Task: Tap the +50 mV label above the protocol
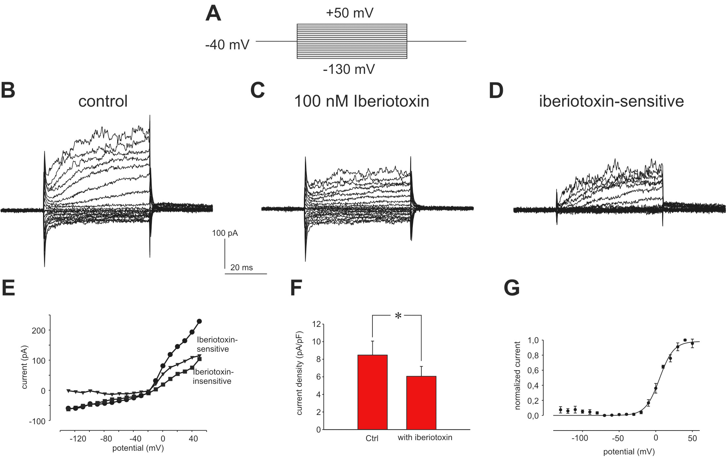point(350,13)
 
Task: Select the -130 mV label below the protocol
point(349,70)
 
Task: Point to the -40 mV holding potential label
point(227,44)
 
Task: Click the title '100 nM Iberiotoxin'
point(362,101)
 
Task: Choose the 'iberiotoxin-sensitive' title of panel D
point(611,101)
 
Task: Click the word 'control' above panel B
point(103,101)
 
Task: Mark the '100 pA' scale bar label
point(225,233)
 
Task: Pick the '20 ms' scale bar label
point(241,268)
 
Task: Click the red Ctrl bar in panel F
point(372,392)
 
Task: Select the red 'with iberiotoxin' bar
point(421,403)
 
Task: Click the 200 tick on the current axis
point(38,331)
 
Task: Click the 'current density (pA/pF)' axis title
point(299,373)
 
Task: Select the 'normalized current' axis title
point(517,376)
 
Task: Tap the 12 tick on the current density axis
point(316,324)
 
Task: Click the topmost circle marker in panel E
point(199,321)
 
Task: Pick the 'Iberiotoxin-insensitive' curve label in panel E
point(212,377)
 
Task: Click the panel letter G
point(511,288)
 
